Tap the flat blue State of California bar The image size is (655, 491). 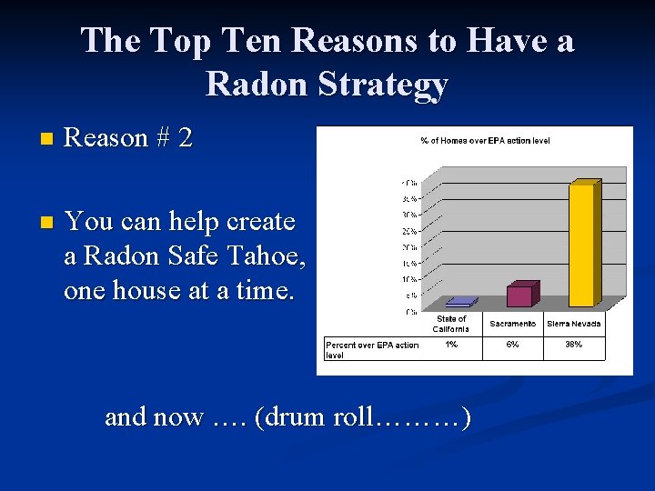pos(459,301)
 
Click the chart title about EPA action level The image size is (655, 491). pos(484,140)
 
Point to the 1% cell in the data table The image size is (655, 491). pos(452,345)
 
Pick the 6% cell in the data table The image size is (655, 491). pos(512,345)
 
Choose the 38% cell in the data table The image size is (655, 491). pos(573,345)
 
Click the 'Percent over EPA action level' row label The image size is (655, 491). pos(372,349)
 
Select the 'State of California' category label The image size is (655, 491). pos(452,324)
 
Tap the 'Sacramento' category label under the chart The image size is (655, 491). pos(512,324)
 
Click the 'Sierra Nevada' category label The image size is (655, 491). pos(573,324)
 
